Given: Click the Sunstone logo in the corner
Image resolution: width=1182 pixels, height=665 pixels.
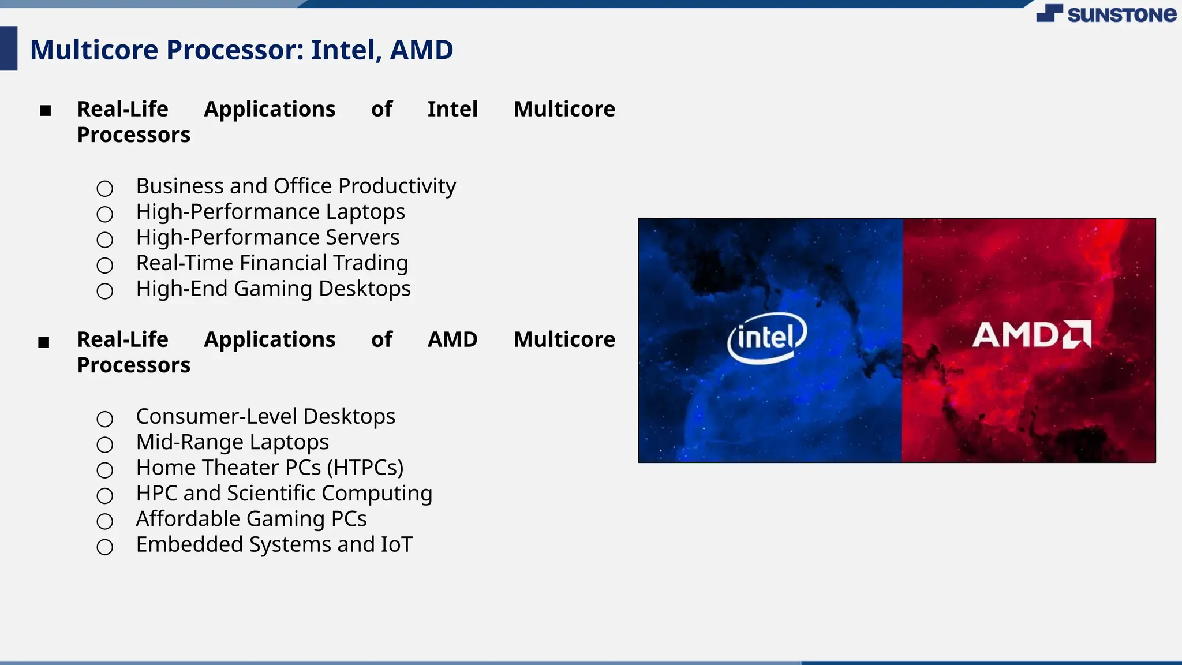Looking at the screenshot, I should point(1106,14).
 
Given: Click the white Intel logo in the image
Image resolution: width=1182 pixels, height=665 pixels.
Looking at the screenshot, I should point(766,338).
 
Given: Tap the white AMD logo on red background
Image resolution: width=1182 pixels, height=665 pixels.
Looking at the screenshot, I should point(1031,335).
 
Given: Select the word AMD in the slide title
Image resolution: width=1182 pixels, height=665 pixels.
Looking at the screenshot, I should point(421,50).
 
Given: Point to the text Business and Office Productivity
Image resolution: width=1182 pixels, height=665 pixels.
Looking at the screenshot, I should point(295,186).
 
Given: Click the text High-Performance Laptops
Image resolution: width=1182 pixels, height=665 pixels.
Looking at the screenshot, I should point(270,212).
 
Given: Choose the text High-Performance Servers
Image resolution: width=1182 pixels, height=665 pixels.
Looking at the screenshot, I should point(267,237).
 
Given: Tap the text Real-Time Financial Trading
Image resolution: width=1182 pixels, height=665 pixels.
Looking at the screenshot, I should point(272,263).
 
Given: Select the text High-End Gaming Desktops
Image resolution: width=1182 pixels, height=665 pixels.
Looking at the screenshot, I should point(273,289).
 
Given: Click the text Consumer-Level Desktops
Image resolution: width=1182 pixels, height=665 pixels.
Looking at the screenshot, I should point(265,416).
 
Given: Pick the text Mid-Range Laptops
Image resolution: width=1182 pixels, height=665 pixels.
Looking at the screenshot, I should point(232,442).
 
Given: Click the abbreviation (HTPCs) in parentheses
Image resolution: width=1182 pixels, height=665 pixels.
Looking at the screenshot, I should point(365,468).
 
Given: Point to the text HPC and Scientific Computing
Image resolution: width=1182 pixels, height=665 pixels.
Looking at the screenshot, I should point(284,494).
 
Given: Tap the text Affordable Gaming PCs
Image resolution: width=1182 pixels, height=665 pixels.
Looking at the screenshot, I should point(251,519).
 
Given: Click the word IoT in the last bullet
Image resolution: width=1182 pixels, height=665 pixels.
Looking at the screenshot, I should point(397,545).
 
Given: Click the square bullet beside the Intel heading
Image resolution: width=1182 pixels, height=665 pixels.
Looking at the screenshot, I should point(46,110).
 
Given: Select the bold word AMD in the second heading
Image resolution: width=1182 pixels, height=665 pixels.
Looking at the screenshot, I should point(452,339).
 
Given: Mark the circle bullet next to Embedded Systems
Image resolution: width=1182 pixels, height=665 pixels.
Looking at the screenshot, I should point(104,547).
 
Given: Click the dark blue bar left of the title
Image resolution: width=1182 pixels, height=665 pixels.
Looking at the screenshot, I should point(9,48).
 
